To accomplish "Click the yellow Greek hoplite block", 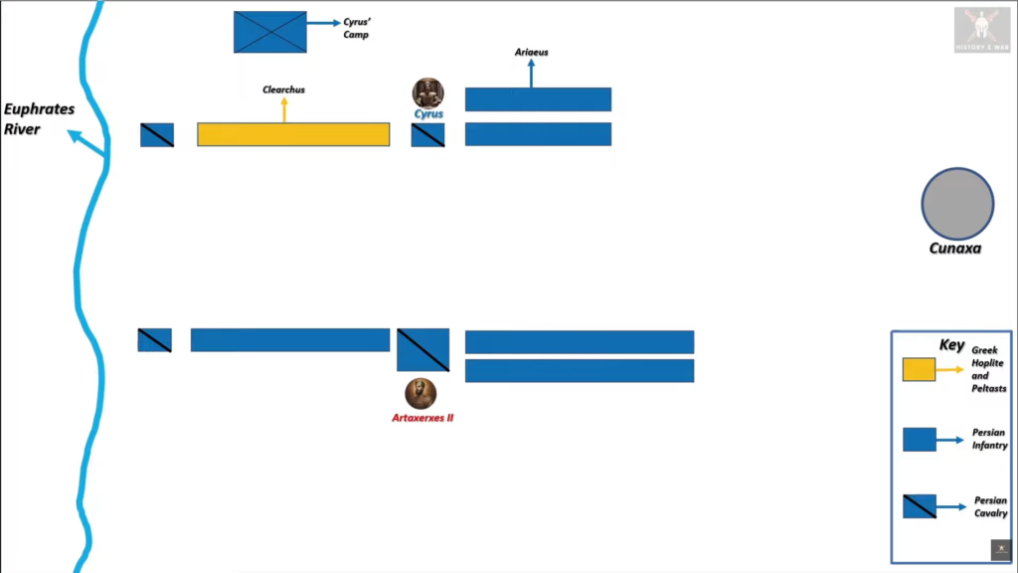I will tap(293, 134).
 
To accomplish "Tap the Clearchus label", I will tap(283, 90).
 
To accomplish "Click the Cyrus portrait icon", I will tap(428, 94).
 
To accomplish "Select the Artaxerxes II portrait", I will tap(421, 394).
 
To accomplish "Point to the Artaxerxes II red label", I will tap(423, 419).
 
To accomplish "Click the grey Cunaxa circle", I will tap(957, 204).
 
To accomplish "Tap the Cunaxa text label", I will tap(955, 249).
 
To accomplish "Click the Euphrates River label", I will tap(39, 118).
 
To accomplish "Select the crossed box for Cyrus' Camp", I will tap(270, 32).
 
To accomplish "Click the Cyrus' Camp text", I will tap(356, 28).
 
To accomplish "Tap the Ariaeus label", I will tap(531, 52).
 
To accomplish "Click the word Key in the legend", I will tap(951, 345).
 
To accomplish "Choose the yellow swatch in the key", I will tap(919, 370).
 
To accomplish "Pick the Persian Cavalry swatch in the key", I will tap(919, 506).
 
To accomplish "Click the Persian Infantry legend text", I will tap(989, 439).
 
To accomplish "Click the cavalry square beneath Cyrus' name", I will tap(428, 135).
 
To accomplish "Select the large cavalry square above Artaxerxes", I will tap(423, 349).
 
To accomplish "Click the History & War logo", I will tap(982, 30).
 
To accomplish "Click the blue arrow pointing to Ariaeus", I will tap(531, 73).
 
